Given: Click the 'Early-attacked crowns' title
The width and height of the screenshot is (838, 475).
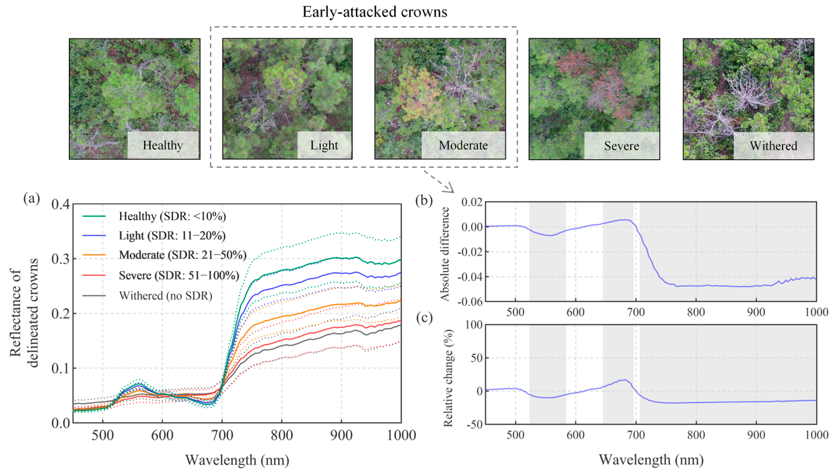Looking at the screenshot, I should tap(375, 12).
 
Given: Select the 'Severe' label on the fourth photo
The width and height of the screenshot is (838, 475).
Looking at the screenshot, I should tap(621, 146).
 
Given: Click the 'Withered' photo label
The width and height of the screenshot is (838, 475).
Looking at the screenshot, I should tap(773, 146).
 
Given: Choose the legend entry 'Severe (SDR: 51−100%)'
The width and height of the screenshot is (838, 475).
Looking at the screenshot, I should tap(179, 276).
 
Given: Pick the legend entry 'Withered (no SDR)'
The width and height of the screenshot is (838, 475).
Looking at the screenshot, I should tap(165, 296).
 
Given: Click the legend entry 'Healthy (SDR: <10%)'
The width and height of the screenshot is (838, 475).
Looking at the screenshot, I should tap(172, 216).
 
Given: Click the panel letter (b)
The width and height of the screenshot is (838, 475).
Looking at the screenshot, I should tap(424, 200).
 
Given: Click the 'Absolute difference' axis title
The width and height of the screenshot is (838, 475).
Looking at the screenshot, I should tap(445, 254).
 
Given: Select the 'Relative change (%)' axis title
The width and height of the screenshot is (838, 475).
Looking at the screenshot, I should tap(448, 378).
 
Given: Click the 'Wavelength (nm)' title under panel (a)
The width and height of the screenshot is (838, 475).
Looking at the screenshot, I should tap(237, 460).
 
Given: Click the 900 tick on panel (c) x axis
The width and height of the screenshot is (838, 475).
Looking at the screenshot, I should tap(756, 435).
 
